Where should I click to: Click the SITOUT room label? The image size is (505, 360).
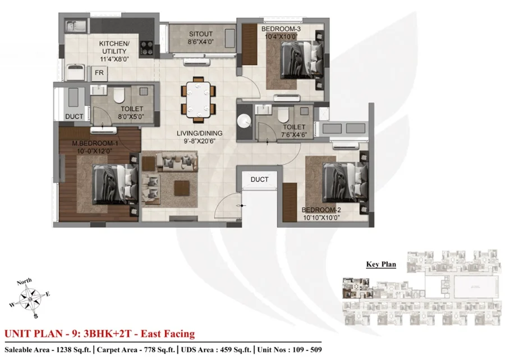tap(201, 34)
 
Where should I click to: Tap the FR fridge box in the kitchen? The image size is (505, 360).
tap(99, 73)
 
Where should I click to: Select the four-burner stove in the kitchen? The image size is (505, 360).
tap(147, 48)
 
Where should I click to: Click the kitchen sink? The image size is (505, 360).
tap(76, 26)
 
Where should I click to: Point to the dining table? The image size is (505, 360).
tap(198, 99)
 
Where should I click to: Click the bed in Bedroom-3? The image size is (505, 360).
tap(302, 59)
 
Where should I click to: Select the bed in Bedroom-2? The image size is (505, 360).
tap(345, 182)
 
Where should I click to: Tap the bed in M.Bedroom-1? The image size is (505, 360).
tap(115, 184)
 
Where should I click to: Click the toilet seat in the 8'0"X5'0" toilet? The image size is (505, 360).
tap(119, 95)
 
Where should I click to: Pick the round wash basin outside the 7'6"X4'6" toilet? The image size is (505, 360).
tap(245, 121)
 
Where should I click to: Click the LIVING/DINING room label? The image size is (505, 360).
tap(199, 133)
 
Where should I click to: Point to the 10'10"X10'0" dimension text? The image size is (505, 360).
tap(322, 218)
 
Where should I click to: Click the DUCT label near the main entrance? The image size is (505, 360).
tap(259, 179)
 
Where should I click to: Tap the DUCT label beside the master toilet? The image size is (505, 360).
tap(74, 117)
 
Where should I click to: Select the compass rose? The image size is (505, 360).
tap(30, 299)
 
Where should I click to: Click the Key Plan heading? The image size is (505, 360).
tap(381, 265)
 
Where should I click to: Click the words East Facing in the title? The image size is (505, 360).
tap(168, 334)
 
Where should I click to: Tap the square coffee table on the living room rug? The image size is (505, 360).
tap(182, 188)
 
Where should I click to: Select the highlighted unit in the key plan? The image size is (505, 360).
tap(356, 288)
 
